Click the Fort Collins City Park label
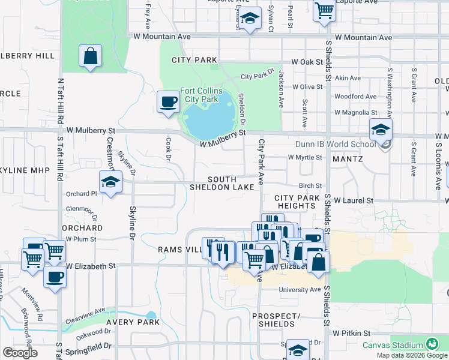pyautogui.click(x=201, y=95)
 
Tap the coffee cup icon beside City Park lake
pyautogui.click(x=168, y=101)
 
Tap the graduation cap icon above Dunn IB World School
pyautogui.click(x=381, y=129)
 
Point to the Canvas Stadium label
pyautogui.click(x=393, y=345)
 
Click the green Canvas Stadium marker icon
pyautogui.click(x=431, y=344)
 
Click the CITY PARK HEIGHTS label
pyautogui.click(x=295, y=202)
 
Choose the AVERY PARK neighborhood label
pyautogui.click(x=133, y=322)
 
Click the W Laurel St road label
pyautogui.click(x=354, y=200)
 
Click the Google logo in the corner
pyautogui.click(x=20, y=353)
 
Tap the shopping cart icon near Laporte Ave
pyautogui.click(x=324, y=9)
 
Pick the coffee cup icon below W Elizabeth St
pyautogui.click(x=55, y=277)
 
